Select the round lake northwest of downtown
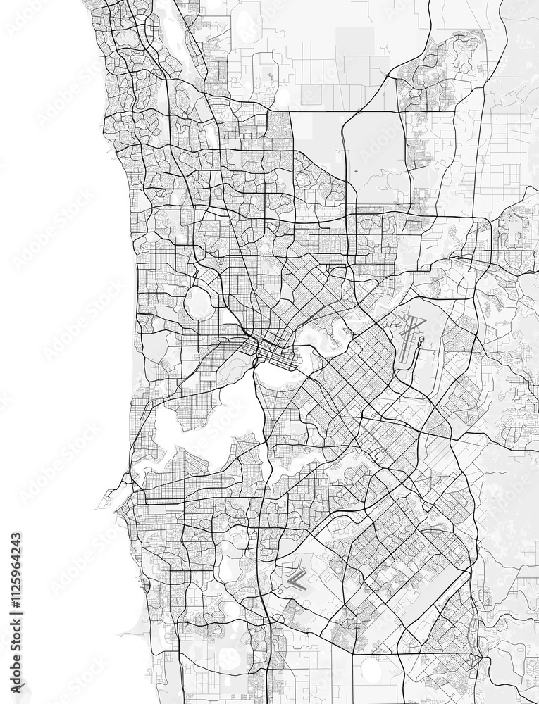(199, 303)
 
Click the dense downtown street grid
(272, 349)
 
